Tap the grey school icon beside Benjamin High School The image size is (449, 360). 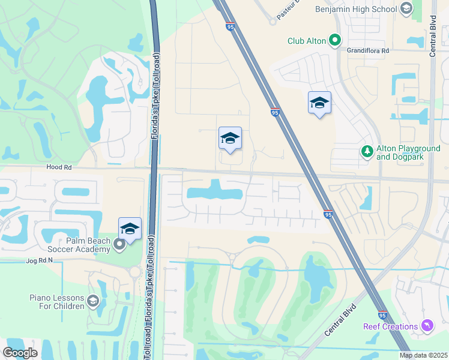coord(406,8)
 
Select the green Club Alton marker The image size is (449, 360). coord(335,41)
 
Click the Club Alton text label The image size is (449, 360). coord(307,41)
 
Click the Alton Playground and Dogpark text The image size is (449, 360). coord(408,153)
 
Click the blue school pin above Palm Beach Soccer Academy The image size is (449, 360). coord(130,228)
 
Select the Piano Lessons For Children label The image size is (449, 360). coord(57,302)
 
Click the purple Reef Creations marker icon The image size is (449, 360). coord(427,326)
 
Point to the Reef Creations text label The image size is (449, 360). coord(390,326)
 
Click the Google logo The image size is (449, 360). coord(20,353)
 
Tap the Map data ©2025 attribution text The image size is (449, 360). coord(423,355)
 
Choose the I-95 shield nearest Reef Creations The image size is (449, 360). coord(382,314)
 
